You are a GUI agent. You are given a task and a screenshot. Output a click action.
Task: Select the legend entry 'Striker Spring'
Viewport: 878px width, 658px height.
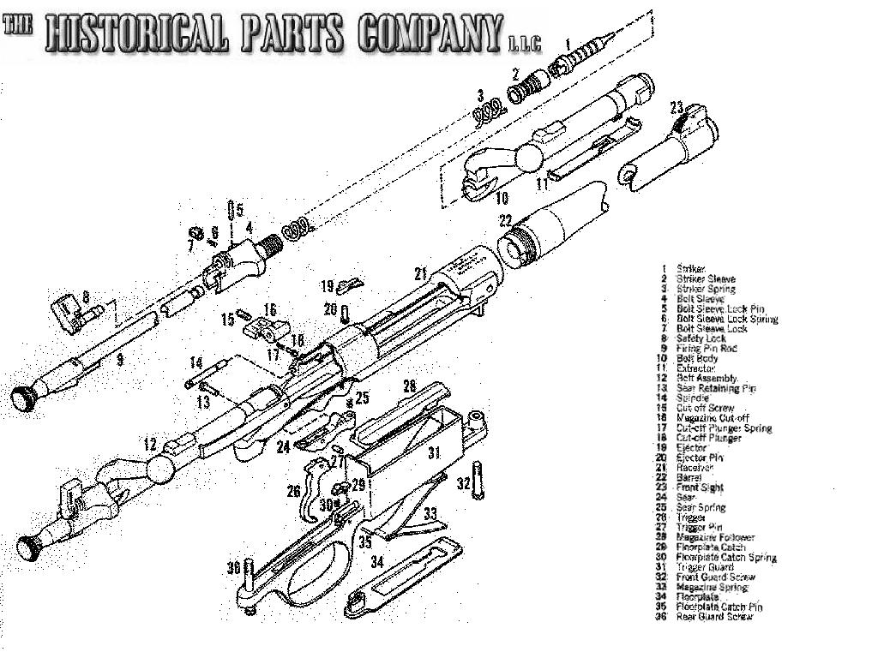click(706, 289)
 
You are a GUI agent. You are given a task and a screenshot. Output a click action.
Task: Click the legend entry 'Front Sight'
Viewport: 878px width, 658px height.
click(700, 488)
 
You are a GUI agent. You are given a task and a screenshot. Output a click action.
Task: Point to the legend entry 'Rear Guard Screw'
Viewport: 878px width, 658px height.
click(714, 617)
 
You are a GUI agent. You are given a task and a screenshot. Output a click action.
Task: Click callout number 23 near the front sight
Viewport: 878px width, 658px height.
click(677, 108)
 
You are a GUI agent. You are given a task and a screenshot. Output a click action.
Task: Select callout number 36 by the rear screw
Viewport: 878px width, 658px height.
click(233, 568)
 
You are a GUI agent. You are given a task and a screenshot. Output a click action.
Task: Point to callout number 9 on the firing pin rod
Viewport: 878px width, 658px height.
click(120, 360)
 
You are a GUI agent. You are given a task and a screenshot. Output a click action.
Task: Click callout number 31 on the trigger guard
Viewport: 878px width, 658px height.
click(434, 452)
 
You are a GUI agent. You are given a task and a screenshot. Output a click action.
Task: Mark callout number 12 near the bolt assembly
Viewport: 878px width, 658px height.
click(151, 445)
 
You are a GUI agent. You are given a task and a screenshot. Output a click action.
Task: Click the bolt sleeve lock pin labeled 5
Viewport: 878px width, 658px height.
click(230, 211)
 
